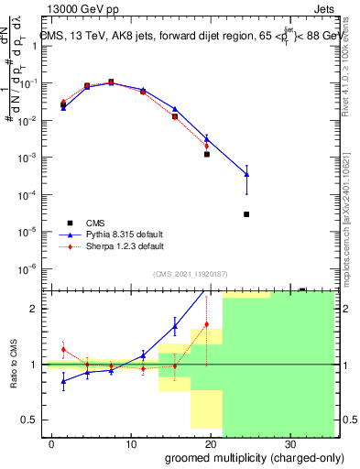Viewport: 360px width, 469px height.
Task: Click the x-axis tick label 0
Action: [x=51, y=443]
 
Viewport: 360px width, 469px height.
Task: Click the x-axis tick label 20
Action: [x=209, y=443]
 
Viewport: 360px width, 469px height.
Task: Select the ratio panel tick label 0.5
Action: [x=31, y=420]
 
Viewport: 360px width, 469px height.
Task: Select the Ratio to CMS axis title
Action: [x=13, y=364]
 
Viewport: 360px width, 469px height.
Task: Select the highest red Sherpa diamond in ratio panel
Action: [x=207, y=324]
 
